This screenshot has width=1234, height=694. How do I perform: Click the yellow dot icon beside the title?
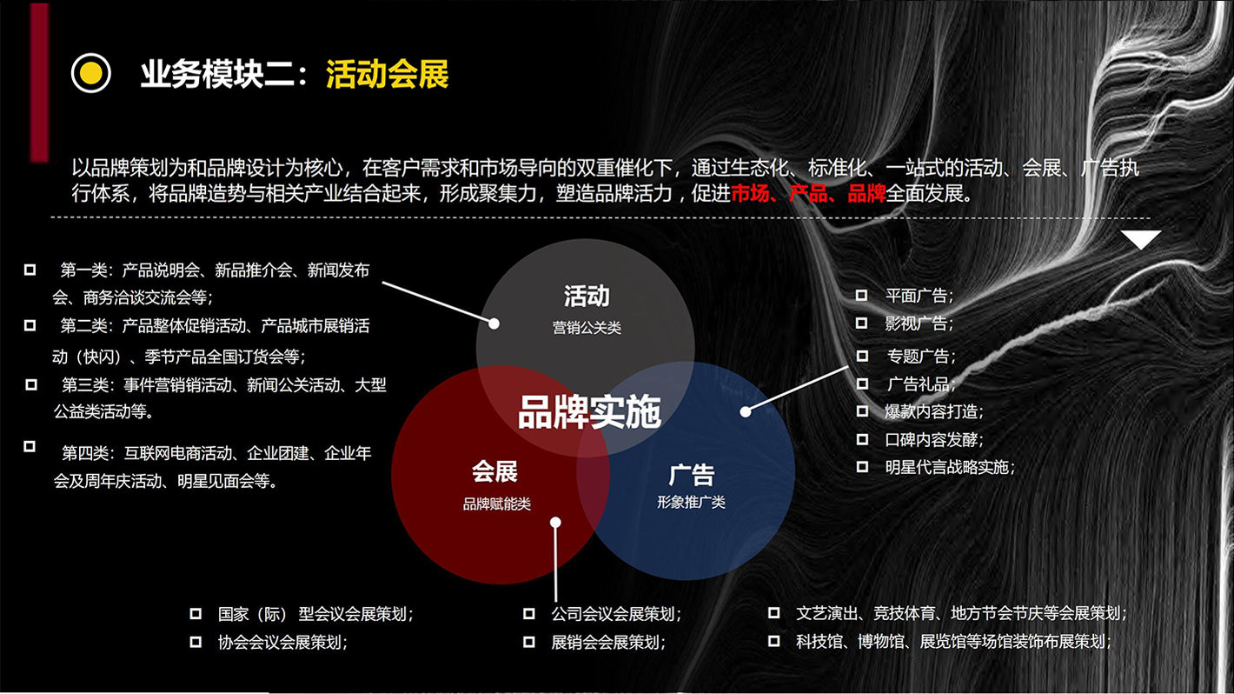[91, 73]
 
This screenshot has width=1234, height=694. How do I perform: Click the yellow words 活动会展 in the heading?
[388, 74]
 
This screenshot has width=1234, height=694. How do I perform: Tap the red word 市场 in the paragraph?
[750, 193]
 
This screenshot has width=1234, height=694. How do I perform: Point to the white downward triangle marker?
[1141, 239]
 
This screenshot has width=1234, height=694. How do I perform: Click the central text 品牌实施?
[589, 412]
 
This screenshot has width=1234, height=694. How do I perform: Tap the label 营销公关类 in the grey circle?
[587, 328]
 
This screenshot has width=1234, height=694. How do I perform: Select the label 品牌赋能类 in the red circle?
[496, 504]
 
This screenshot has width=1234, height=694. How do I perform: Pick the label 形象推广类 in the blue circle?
[691, 502]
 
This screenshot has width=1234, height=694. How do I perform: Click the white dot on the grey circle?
[494, 324]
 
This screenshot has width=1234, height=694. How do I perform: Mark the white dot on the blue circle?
[746, 411]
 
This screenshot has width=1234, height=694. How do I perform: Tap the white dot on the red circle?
[555, 522]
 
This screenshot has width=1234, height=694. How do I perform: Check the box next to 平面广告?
[861, 296]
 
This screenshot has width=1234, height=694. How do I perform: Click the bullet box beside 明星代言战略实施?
[862, 467]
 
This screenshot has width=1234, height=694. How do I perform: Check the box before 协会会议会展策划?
[196, 642]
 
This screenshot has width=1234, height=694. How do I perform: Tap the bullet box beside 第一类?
[30, 270]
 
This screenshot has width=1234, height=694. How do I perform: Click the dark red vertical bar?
[39, 83]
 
